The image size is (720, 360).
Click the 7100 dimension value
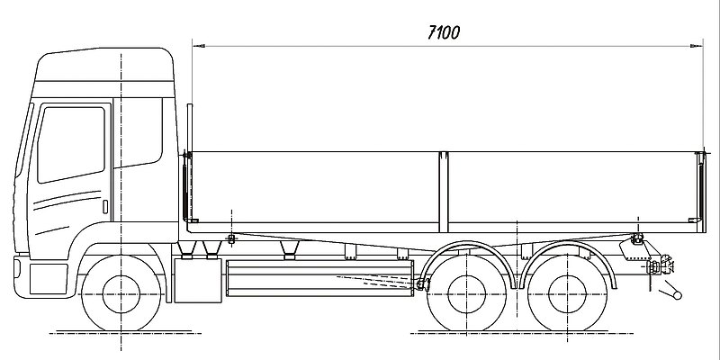[444, 32]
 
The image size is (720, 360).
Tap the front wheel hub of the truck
[121, 294]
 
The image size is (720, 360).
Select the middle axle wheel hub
[466, 294]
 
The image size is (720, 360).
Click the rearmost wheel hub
[568, 294]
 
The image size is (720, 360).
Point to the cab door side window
[71, 144]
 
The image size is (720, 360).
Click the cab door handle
[105, 207]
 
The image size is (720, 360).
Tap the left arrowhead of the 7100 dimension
[199, 46]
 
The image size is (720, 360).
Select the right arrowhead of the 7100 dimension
[697, 46]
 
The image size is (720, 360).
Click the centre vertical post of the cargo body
[443, 192]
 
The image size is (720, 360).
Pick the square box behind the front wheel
[198, 281]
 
